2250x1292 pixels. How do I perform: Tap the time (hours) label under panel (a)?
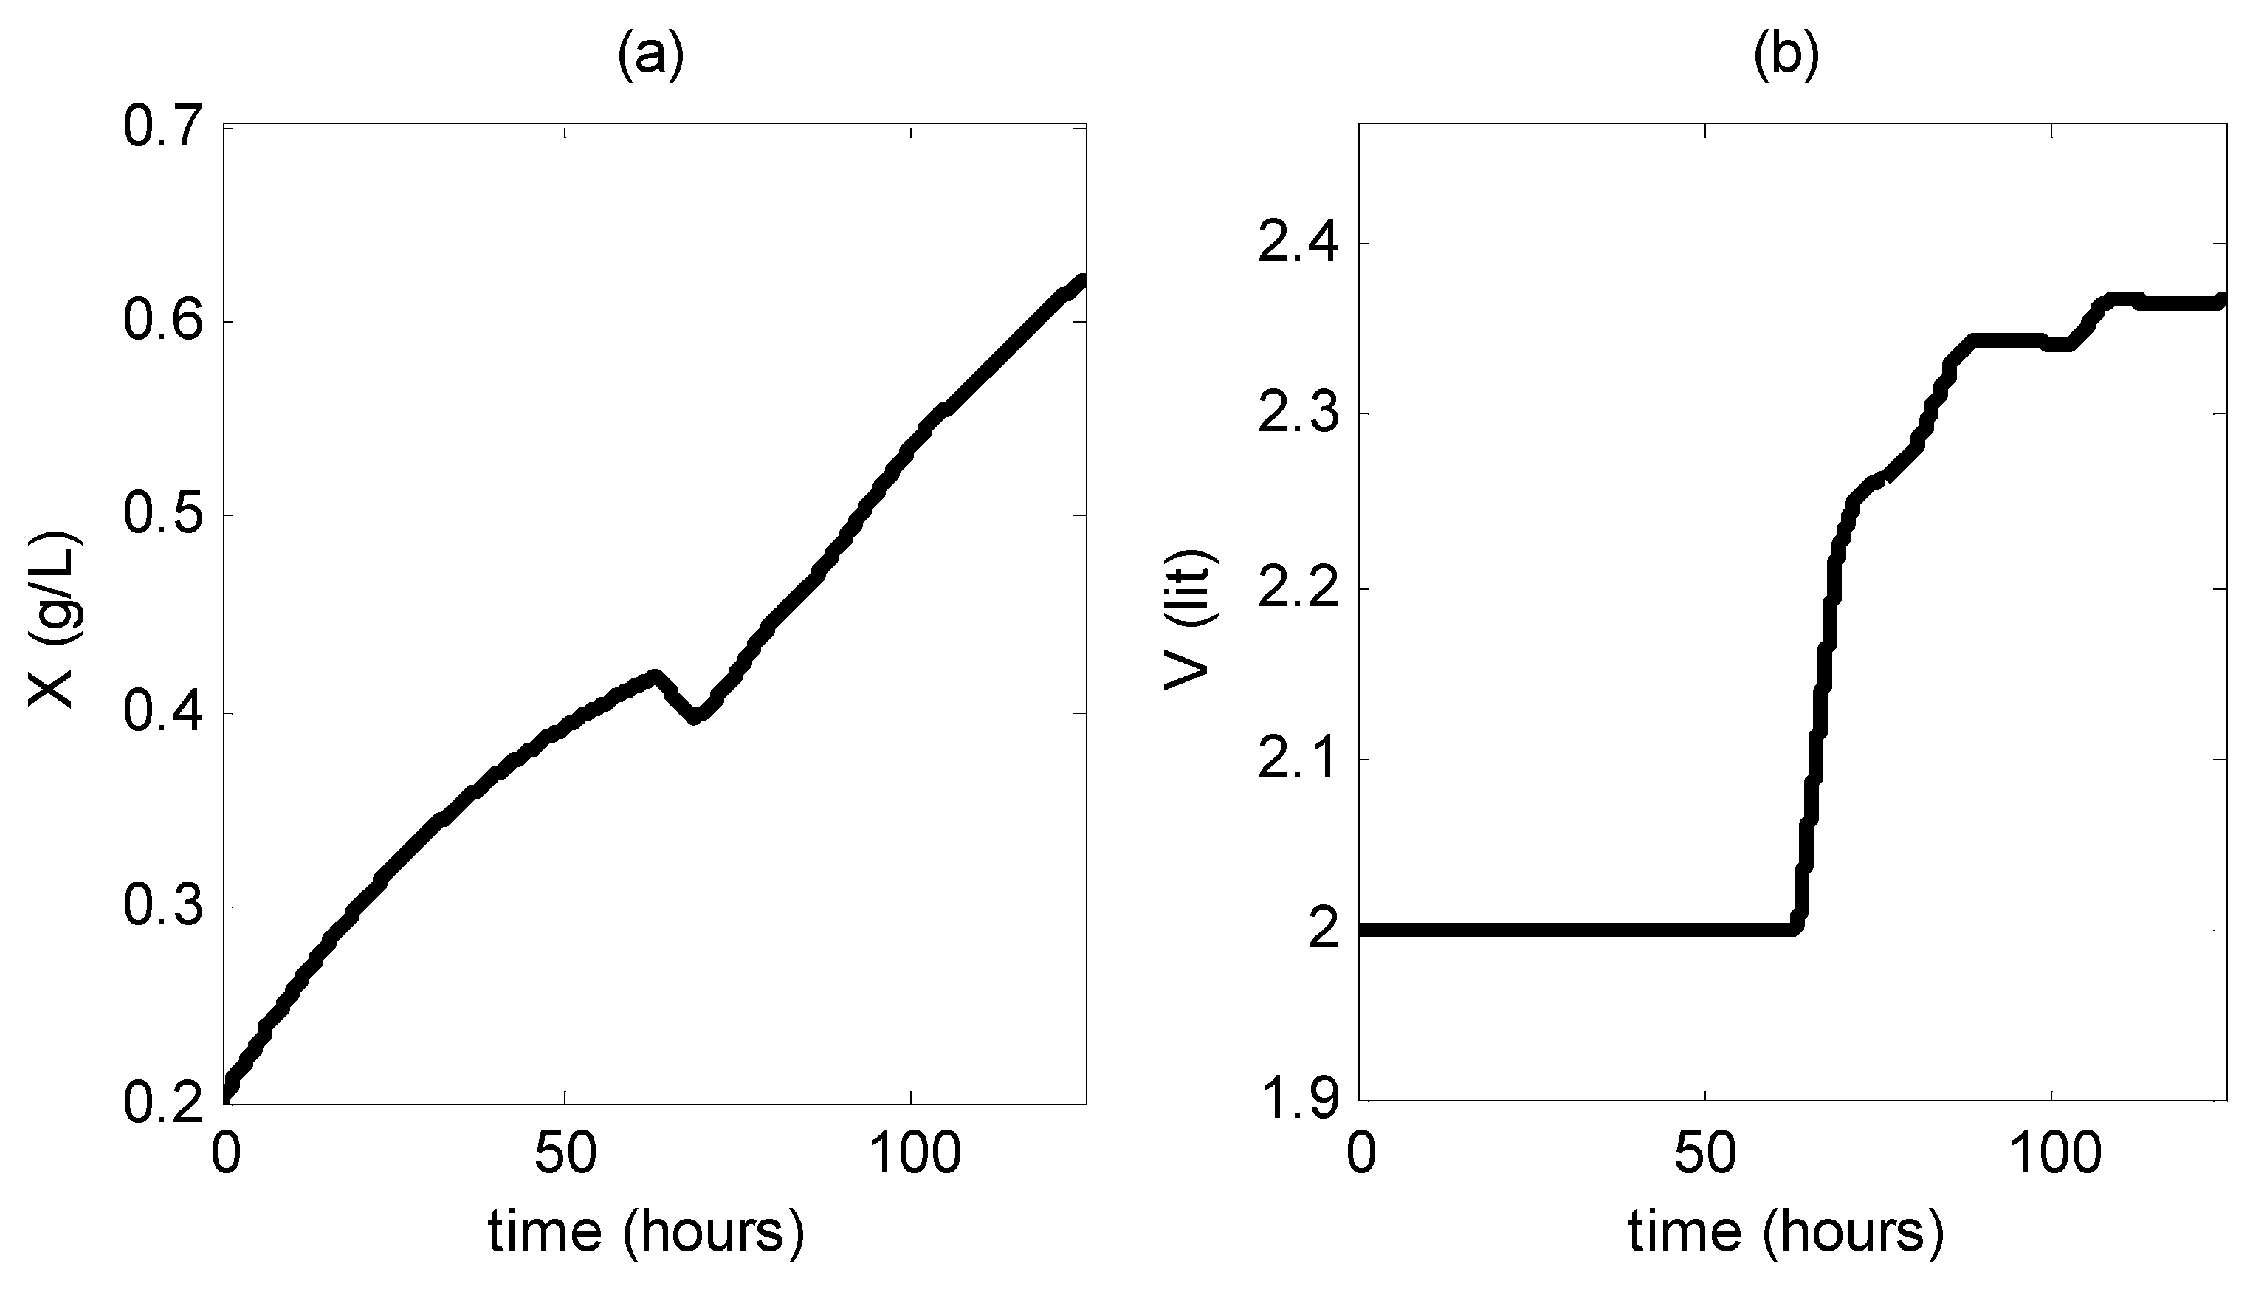click(x=646, y=1231)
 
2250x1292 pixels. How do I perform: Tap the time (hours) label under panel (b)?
click(x=1785, y=1231)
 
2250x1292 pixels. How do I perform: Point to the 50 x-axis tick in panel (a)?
click(x=565, y=1155)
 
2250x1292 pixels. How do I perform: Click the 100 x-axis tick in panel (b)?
click(x=2051, y=1155)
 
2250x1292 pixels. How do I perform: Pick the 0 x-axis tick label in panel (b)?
click(x=1361, y=1155)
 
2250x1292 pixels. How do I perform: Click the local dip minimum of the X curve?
click(x=695, y=717)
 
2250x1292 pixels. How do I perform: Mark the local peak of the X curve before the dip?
click(x=655, y=677)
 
